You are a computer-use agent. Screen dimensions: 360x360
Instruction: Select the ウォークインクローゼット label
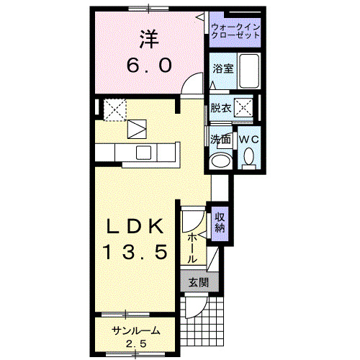pyautogui.click(x=235, y=31)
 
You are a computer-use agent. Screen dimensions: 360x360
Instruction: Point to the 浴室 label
pyautogui.click(x=222, y=69)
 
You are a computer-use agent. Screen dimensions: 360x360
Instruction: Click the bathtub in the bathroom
pyautogui.click(x=249, y=71)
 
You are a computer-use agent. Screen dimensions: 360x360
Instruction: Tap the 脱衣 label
pyautogui.click(x=220, y=108)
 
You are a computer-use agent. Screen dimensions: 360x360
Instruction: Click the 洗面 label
pyautogui.click(x=220, y=138)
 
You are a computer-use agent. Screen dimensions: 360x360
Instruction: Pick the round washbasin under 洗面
pyautogui.click(x=220, y=160)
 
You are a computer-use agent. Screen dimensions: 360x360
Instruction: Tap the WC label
pyautogui.click(x=249, y=138)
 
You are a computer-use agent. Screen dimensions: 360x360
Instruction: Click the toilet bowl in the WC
pyautogui.click(x=249, y=156)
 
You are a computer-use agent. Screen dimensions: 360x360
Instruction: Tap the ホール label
pyautogui.click(x=193, y=247)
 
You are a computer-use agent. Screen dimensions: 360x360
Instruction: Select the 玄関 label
pyautogui.click(x=198, y=283)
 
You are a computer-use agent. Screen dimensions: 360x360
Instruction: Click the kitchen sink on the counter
pyautogui.click(x=143, y=152)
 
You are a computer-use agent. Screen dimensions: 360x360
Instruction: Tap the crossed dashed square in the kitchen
pyautogui.click(x=114, y=109)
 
